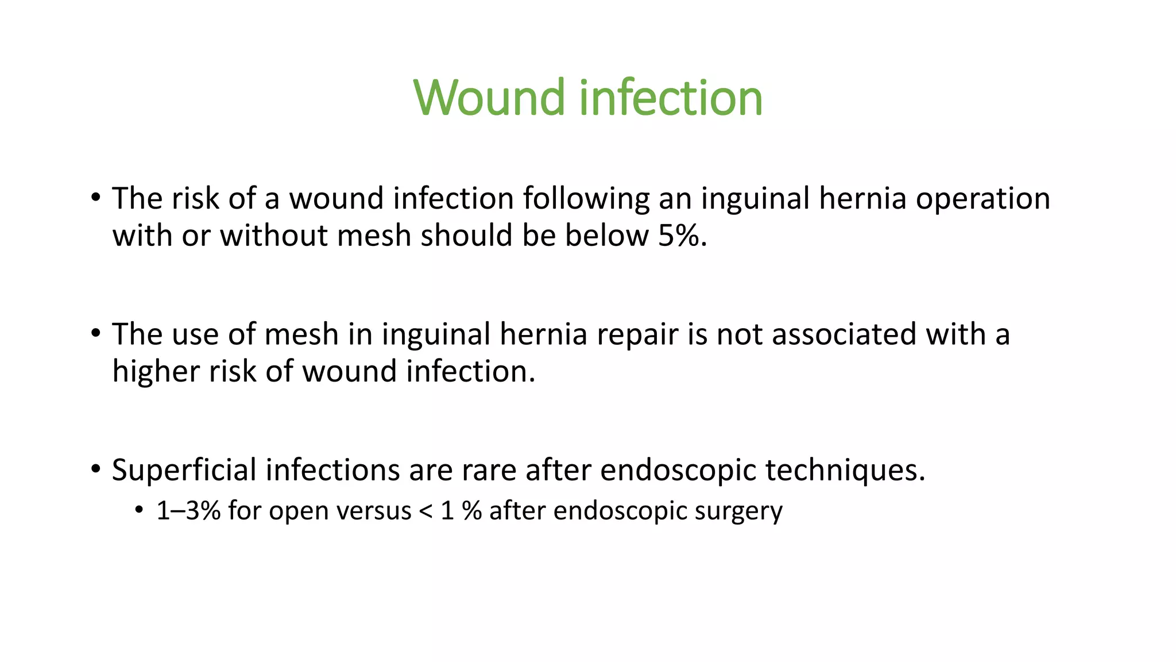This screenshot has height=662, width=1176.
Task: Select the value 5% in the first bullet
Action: coord(682,236)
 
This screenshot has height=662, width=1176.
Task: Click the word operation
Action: coord(982,199)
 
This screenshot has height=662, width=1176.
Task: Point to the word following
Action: coord(586,199)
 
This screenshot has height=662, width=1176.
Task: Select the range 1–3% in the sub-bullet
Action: coord(188,510)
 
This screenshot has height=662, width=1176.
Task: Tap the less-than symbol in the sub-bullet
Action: coord(425,511)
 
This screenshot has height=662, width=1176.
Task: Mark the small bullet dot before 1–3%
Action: coord(138,510)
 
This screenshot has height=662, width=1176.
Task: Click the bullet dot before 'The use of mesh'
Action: coord(95,333)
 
